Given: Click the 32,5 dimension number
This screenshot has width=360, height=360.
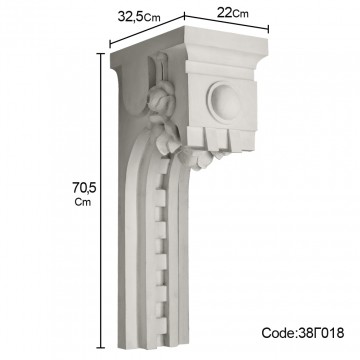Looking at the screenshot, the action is tap(131, 16).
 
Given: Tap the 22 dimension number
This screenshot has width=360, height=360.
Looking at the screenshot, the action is tap(225, 12).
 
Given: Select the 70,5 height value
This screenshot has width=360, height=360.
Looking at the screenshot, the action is tap(84, 188).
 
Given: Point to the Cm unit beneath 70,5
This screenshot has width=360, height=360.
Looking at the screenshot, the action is tap(83, 202).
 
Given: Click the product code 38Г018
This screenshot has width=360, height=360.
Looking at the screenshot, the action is tap(320, 333).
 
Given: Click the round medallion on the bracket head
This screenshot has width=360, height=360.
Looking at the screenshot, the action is tap(224, 100).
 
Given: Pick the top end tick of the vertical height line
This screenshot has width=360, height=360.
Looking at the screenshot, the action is tap(101, 53).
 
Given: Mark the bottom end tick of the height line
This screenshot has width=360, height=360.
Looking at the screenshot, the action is tap(101, 348).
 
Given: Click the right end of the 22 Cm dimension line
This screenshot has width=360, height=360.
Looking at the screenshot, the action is tap(268, 29).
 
